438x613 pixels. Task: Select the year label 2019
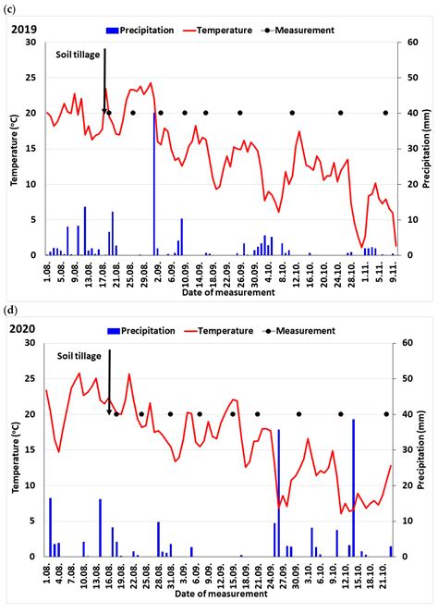[23, 30]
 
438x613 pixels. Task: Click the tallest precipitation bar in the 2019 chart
[154, 185]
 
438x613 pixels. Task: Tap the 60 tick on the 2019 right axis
[405, 43]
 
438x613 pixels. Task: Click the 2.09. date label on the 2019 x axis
[160, 270]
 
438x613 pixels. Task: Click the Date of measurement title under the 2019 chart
[217, 292]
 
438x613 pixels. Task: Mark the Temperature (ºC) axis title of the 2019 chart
[14, 148]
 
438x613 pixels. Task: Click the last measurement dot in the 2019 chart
[385, 113]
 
